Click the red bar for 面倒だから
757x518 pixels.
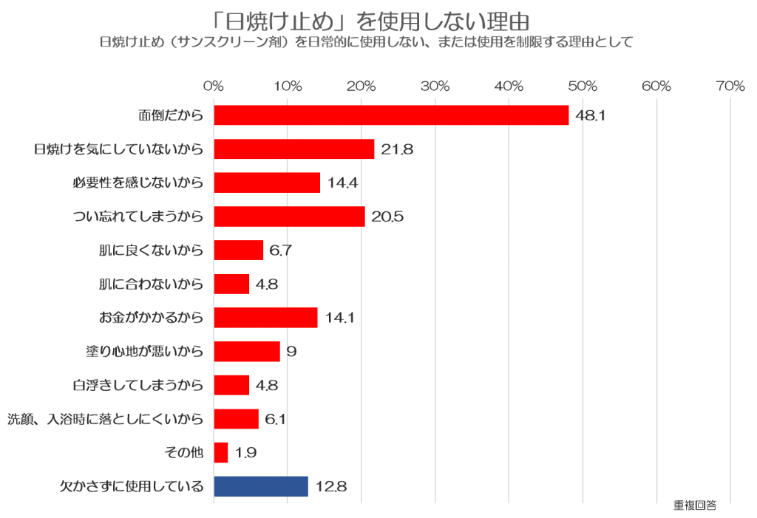tap(391, 115)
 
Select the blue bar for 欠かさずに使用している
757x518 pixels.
tap(260, 486)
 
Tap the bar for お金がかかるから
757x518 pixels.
tap(265, 318)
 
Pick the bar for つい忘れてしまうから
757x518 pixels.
tap(289, 217)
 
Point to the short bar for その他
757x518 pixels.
tap(221, 453)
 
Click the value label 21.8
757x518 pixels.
tap(397, 149)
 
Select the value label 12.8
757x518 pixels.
tap(330, 486)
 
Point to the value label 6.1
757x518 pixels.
tap(275, 419)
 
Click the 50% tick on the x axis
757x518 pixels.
tap(583, 86)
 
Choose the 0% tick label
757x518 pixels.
tap(214, 86)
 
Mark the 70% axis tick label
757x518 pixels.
tap(730, 86)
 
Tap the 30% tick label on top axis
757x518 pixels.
tap(435, 86)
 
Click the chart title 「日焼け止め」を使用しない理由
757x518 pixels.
tap(367, 20)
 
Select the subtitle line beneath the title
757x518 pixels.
tap(367, 42)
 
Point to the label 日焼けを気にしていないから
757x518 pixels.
tap(118, 149)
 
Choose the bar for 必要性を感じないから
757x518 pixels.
tap(267, 183)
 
